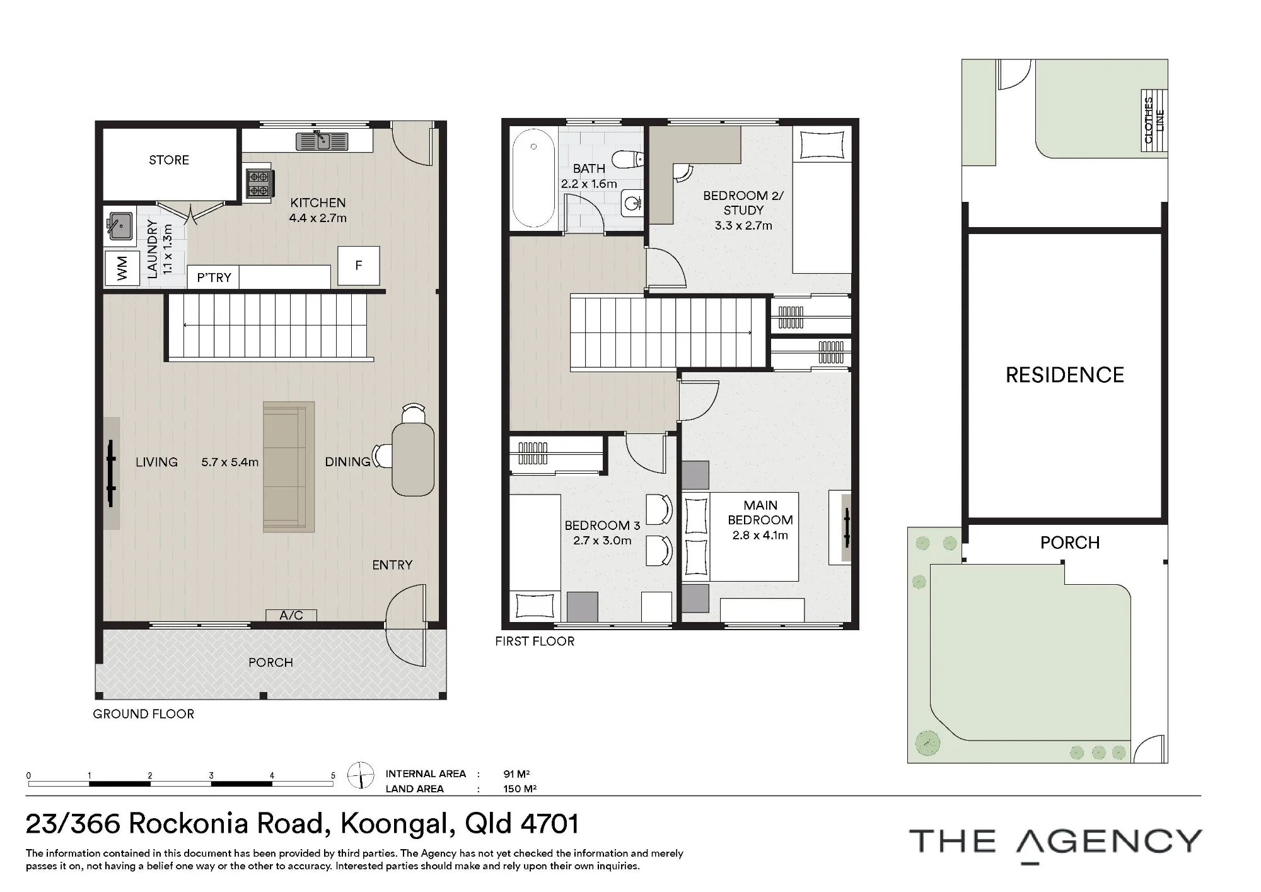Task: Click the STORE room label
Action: click(x=169, y=160)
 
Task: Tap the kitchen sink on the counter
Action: click(x=322, y=141)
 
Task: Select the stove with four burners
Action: click(x=258, y=184)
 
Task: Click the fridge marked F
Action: click(x=359, y=266)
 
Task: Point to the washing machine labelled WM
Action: click(x=122, y=268)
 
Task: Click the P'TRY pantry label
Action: click(x=214, y=278)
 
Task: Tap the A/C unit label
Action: click(x=291, y=615)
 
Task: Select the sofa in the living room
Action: click(x=289, y=467)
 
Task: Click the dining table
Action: click(x=413, y=459)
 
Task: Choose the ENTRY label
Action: click(x=392, y=565)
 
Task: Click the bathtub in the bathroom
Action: click(x=533, y=177)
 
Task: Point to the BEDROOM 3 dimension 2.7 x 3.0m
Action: click(x=602, y=541)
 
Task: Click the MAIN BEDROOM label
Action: click(x=760, y=513)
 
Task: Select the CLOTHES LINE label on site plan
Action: click(x=1154, y=120)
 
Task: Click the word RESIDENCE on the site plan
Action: click(x=1065, y=375)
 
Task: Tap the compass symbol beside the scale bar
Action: click(x=361, y=775)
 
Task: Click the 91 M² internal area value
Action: click(x=516, y=774)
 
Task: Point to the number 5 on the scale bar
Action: click(x=333, y=776)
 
